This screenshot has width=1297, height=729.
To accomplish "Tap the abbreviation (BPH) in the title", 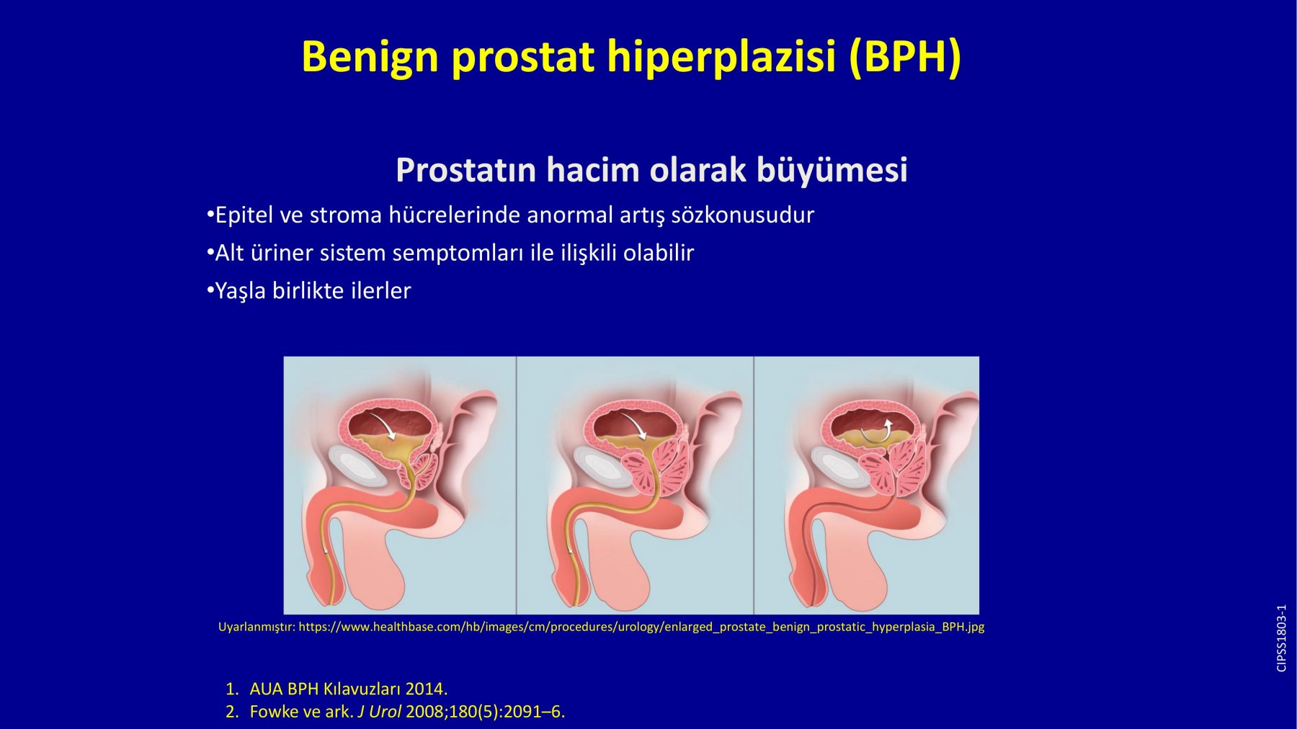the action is (x=905, y=56).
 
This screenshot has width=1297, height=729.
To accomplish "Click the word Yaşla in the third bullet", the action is (x=241, y=291).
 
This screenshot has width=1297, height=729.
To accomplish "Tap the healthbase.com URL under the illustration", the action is (x=641, y=627).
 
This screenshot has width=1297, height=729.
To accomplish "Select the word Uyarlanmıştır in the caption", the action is (x=256, y=627).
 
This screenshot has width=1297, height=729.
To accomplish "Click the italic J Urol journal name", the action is (x=380, y=712).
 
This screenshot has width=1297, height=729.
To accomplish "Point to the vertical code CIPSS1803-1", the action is (x=1281, y=638).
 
